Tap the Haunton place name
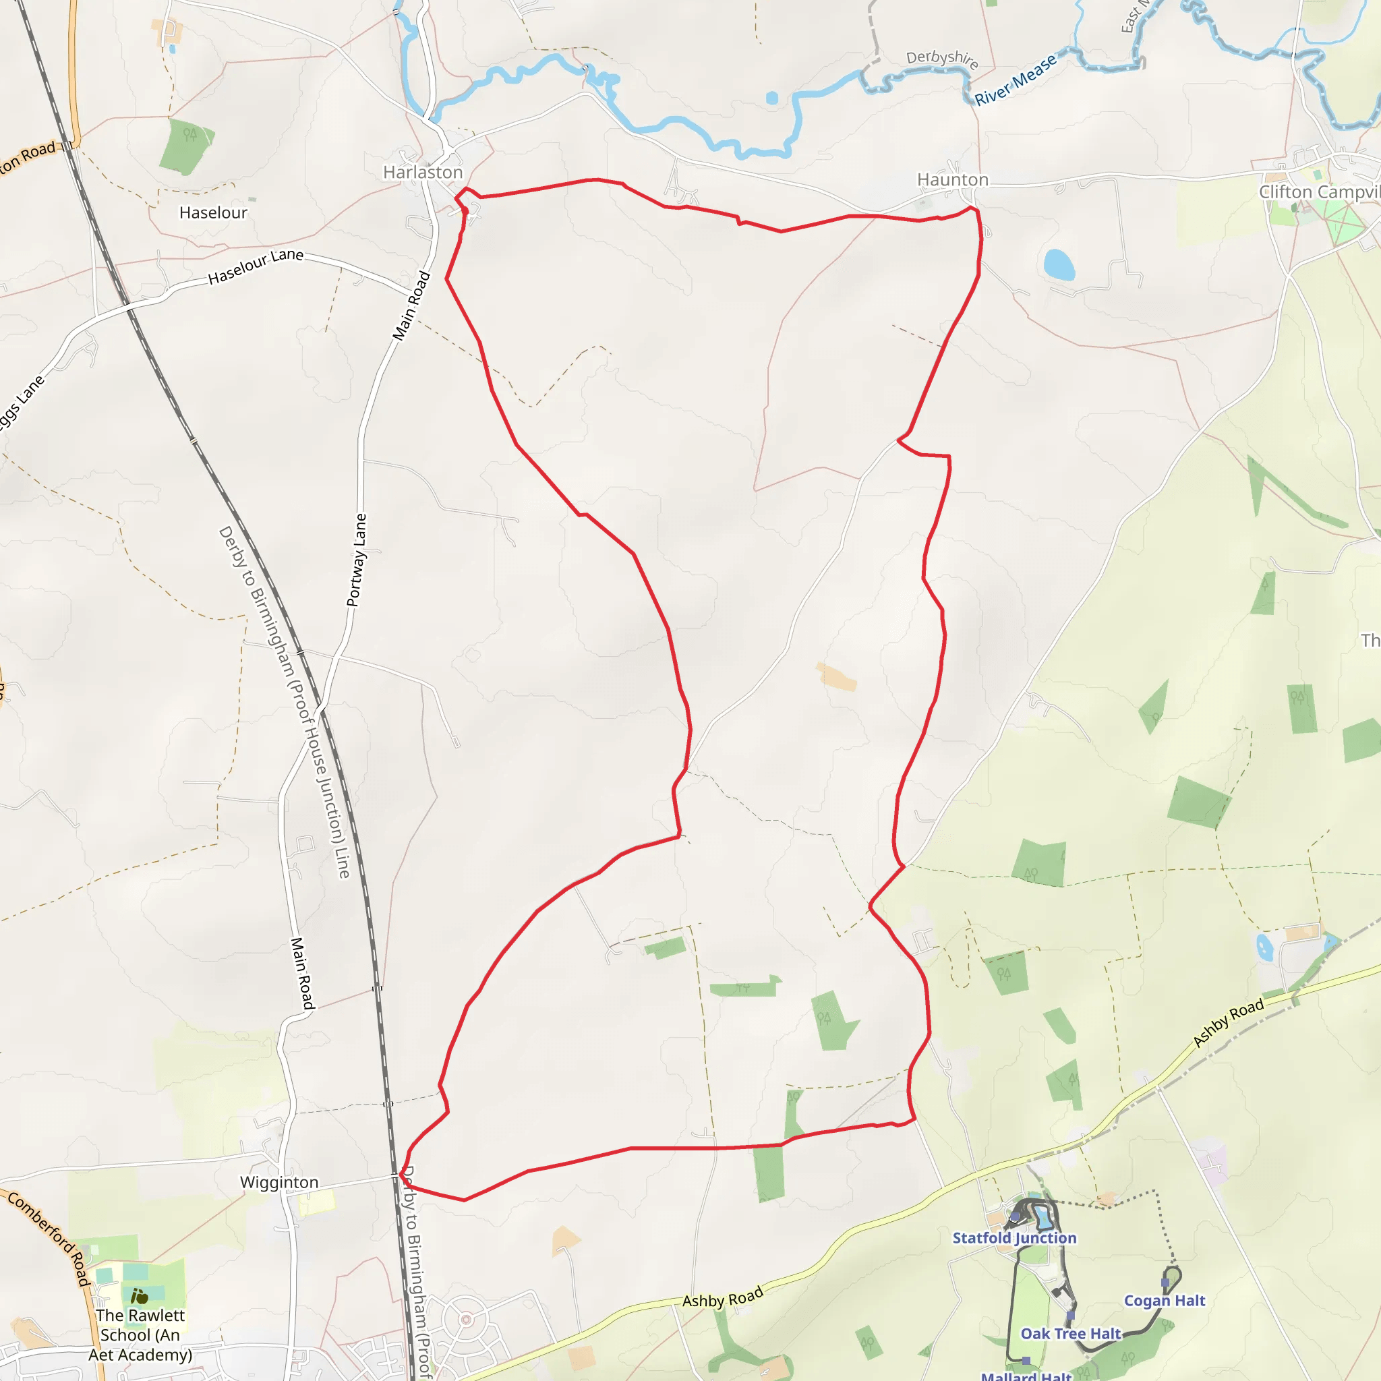(952, 179)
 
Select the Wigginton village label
(278, 1181)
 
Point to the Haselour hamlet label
(213, 212)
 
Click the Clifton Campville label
(1319, 192)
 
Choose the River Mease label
(1015, 80)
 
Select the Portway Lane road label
(357, 560)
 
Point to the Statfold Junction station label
(1013, 1238)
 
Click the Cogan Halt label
(1165, 1300)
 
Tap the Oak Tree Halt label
(1070, 1333)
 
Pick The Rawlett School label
(140, 1334)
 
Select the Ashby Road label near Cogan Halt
(1228, 1023)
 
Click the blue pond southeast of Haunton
(1059, 264)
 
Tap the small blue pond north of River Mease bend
(772, 98)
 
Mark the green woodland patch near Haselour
(185, 146)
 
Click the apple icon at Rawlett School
(140, 1296)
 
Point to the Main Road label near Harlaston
(412, 305)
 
